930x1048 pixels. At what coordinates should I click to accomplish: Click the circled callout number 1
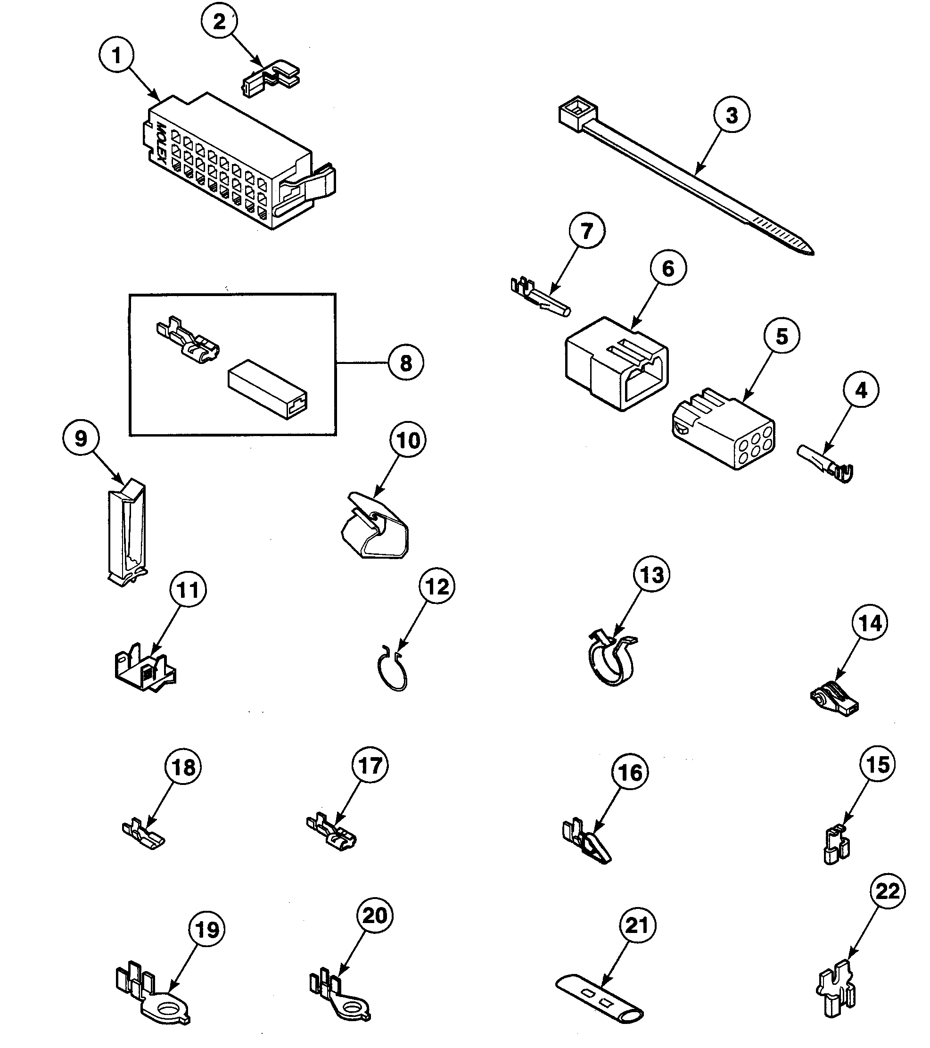pyautogui.click(x=116, y=55)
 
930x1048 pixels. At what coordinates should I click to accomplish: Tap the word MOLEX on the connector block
pyautogui.click(x=160, y=144)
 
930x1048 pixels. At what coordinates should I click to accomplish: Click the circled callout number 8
pyautogui.click(x=405, y=363)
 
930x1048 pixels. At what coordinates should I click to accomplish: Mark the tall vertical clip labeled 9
pyautogui.click(x=127, y=533)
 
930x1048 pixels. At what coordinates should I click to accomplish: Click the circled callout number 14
pyautogui.click(x=870, y=623)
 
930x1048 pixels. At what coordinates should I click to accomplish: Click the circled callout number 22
pyautogui.click(x=888, y=891)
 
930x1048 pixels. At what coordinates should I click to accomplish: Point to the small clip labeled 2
pyautogui.click(x=270, y=80)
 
